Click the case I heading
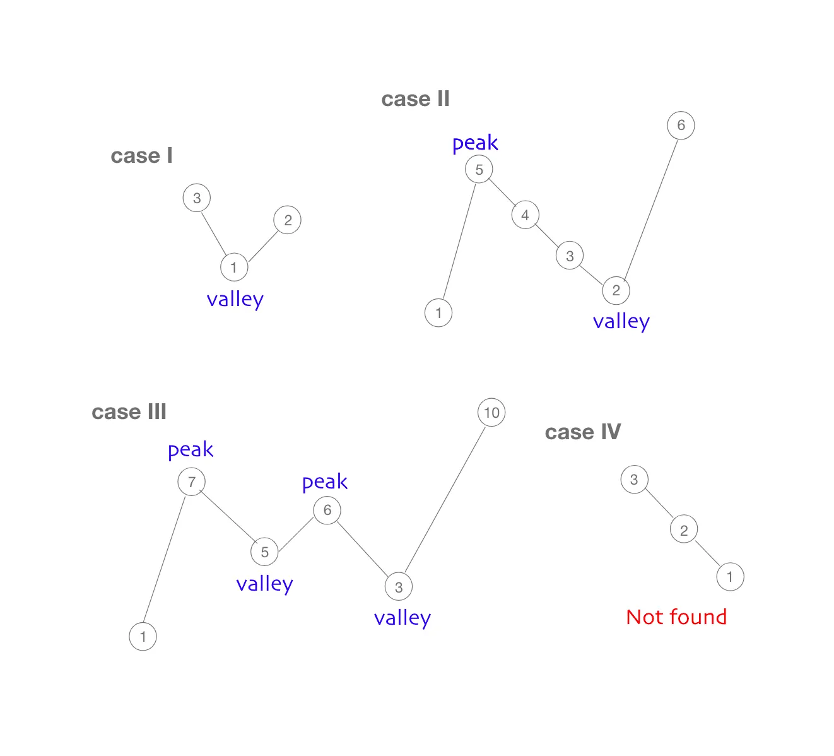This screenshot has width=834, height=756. coord(141,156)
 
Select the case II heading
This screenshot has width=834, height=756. coord(415,99)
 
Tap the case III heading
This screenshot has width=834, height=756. coord(129,412)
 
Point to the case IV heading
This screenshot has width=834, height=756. coord(582,432)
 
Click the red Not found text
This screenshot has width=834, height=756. coord(676,617)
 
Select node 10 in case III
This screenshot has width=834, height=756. coord(491,413)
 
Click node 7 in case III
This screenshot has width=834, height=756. coord(192,482)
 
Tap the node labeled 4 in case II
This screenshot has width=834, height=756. coord(525,215)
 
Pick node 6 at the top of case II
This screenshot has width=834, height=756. coord(681,125)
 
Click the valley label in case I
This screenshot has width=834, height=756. coord(235,300)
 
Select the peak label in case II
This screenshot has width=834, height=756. coord(475,144)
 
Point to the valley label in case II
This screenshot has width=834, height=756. coord(621,322)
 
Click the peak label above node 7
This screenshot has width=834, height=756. coord(191,450)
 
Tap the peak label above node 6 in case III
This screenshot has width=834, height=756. coord(325,483)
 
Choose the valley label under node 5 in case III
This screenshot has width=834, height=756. coord(264,584)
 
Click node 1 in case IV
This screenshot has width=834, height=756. coord(730,577)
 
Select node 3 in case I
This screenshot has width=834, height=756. coord(197,198)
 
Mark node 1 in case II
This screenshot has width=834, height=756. coord(438,313)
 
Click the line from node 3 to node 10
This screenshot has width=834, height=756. coord(445,500)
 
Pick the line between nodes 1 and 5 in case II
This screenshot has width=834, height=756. coord(459,241)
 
